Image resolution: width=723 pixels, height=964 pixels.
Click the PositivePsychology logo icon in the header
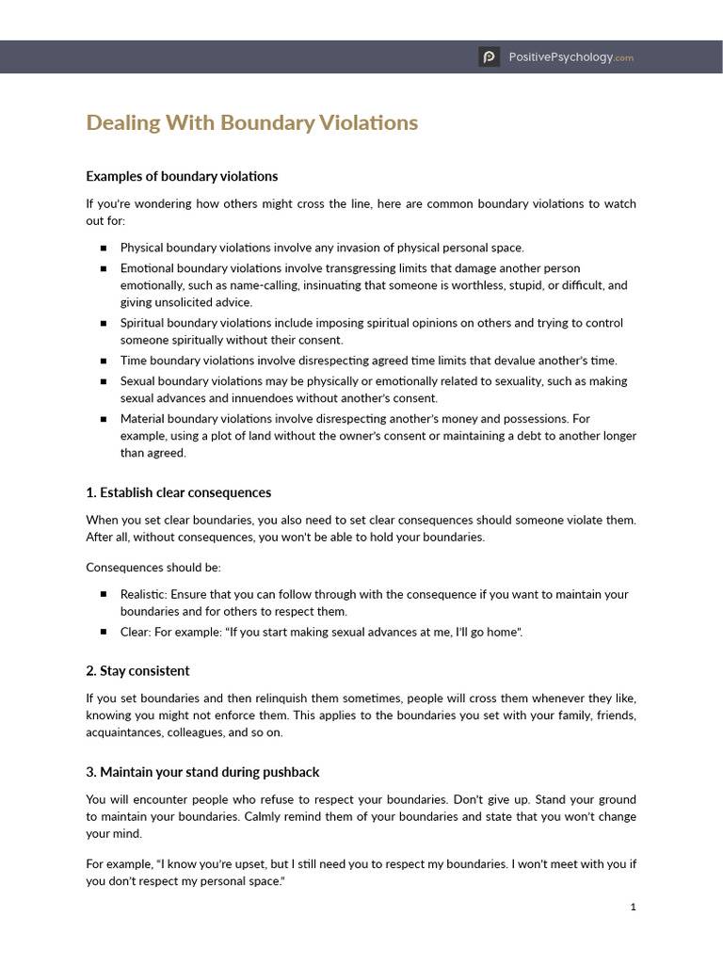coord(489,57)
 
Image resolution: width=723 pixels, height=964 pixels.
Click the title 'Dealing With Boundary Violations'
coord(251,123)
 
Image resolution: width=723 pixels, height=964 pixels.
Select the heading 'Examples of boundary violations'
coord(182,176)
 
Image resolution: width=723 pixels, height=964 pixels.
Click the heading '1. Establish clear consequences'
coord(178,492)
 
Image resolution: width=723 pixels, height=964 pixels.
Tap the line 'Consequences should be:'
coord(153,568)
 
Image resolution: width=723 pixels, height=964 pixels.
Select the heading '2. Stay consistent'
coord(137,671)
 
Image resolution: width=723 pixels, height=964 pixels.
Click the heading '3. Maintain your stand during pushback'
coord(202,772)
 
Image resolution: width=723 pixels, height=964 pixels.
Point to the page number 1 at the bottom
coord(634,908)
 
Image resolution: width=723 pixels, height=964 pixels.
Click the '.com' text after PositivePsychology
coord(624,58)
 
